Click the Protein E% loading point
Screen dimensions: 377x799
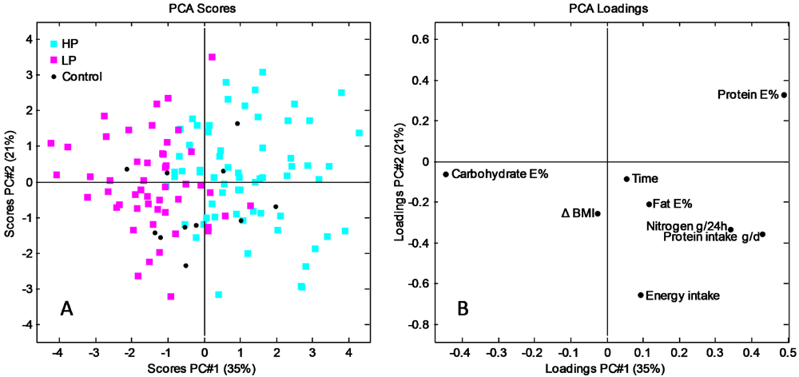(784, 95)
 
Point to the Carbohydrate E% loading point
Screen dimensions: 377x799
(446, 174)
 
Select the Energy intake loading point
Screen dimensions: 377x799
(641, 295)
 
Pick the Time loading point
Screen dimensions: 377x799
(626, 179)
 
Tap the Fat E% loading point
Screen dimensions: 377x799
(650, 204)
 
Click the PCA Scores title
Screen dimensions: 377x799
(204, 9)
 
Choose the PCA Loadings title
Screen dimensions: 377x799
(606, 9)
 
